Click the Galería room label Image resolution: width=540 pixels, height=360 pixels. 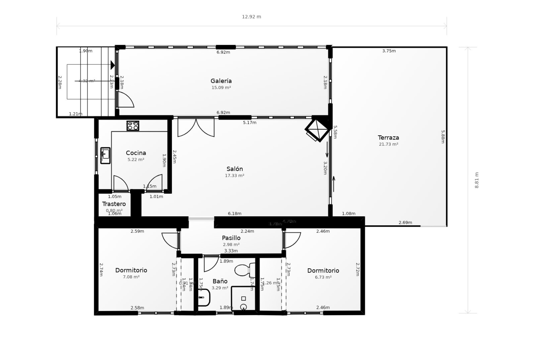point(221,81)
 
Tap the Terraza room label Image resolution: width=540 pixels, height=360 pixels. point(388,138)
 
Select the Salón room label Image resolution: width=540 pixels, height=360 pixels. point(235,169)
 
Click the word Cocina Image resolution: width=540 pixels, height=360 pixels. point(136,153)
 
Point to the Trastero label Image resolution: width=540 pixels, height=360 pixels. point(114,204)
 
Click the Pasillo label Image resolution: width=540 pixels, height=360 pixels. point(231,238)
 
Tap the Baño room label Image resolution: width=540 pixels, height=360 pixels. point(220,281)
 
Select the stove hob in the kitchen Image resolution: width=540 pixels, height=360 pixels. point(133,125)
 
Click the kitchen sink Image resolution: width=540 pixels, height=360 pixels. point(105,155)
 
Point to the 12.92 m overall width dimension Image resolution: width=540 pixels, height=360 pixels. point(251,17)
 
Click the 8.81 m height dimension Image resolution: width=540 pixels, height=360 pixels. point(476,180)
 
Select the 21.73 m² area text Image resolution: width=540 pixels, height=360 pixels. point(388,144)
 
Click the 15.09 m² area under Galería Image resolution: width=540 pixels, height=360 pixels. point(221,88)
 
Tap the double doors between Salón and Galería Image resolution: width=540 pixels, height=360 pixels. point(196,127)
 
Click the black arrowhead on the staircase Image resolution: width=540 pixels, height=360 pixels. point(112,65)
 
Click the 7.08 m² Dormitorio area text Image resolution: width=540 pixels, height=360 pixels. point(131,277)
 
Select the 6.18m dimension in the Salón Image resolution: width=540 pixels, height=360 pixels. point(235,213)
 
